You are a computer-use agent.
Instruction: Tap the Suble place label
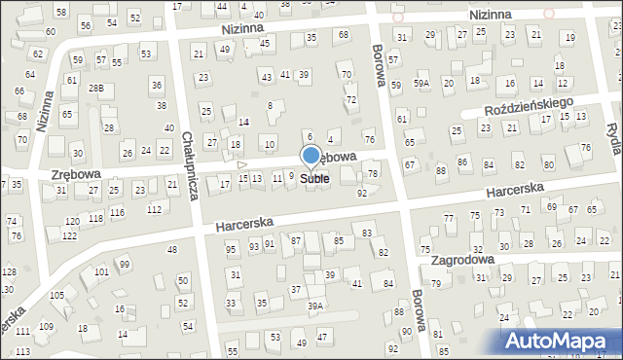pyautogui.click(x=314, y=179)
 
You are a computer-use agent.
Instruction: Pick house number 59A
pyautogui.click(x=421, y=84)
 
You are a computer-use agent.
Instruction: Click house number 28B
pyautogui.click(x=95, y=89)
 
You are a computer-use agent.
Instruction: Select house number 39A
pyautogui.click(x=315, y=306)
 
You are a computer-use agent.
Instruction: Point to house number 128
pyautogui.click(x=8, y=271)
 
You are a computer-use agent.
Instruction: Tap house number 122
pyautogui.click(x=70, y=235)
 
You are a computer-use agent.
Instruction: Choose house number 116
pyautogui.click(x=117, y=212)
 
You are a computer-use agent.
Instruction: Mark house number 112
pyautogui.click(x=154, y=210)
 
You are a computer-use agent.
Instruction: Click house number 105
pyautogui.click(x=57, y=295)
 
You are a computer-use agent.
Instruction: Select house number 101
pyautogui.click(x=101, y=272)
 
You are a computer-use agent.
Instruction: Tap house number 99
pyautogui.click(x=124, y=265)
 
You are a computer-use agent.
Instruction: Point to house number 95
pyautogui.click(x=231, y=249)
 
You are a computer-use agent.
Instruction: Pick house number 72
pyautogui.click(x=351, y=100)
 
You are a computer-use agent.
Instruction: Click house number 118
pyautogui.click(x=95, y=219)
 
